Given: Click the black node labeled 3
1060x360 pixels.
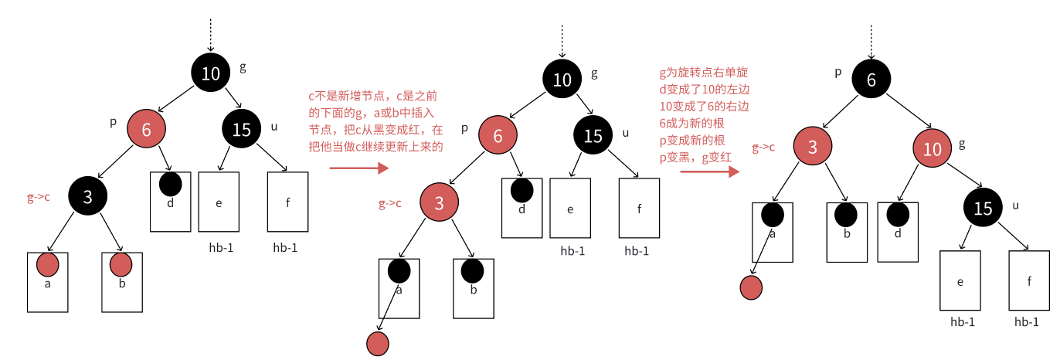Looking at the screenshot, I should tap(87, 197).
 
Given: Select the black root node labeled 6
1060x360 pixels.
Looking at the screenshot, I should tap(871, 80).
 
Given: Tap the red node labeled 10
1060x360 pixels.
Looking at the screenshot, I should tap(933, 150).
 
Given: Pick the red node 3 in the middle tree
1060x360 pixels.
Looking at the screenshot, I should tap(440, 203).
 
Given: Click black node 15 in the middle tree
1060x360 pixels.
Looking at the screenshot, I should tap(593, 136).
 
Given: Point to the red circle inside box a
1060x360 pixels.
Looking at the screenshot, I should tap(48, 265).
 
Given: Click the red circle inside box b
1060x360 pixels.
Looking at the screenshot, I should tap(121, 265).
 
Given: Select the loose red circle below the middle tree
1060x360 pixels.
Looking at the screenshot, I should tap(377, 344).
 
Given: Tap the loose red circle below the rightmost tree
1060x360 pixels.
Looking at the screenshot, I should tap(751, 287).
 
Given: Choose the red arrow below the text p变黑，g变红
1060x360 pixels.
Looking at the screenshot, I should tap(708, 172).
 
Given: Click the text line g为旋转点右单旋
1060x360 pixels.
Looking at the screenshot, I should tap(703, 72).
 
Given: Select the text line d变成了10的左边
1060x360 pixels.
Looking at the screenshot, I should tap(703, 89).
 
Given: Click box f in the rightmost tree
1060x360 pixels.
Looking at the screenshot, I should tap(1029, 280).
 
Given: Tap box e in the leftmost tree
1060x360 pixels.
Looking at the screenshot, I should tap(219, 202).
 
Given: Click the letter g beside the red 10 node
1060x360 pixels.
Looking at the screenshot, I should tap(962, 144).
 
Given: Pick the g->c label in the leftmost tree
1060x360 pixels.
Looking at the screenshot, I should tap(39, 198).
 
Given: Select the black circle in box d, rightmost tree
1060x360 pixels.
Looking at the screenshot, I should tap(897, 214).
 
